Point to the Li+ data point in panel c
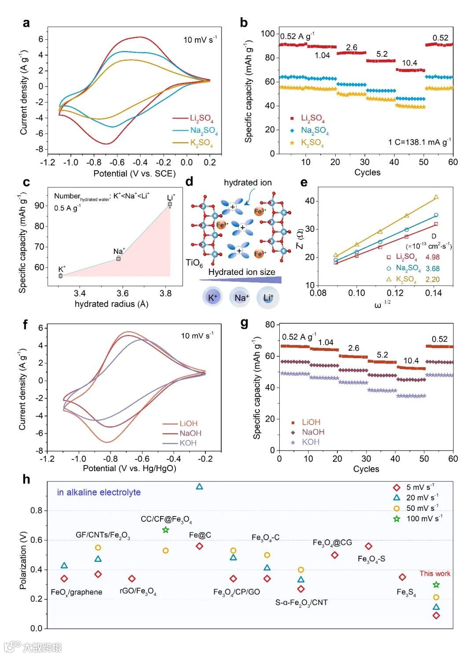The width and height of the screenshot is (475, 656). click(170, 204)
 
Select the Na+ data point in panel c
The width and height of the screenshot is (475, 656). click(119, 258)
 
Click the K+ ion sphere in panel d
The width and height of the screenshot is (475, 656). click(212, 297)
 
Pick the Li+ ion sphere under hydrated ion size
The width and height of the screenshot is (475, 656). click(268, 298)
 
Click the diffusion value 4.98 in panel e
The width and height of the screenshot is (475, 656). click(432, 257)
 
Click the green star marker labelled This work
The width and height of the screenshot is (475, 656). click(436, 585)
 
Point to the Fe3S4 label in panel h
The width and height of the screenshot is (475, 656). click(406, 592)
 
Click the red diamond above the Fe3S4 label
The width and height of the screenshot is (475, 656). click(402, 577)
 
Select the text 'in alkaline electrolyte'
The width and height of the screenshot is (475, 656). click(99, 492)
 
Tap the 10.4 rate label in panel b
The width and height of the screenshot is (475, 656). click(409, 63)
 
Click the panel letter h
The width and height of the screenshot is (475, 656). click(26, 479)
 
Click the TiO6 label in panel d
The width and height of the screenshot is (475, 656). click(194, 263)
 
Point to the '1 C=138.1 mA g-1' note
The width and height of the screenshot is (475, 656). click(419, 142)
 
